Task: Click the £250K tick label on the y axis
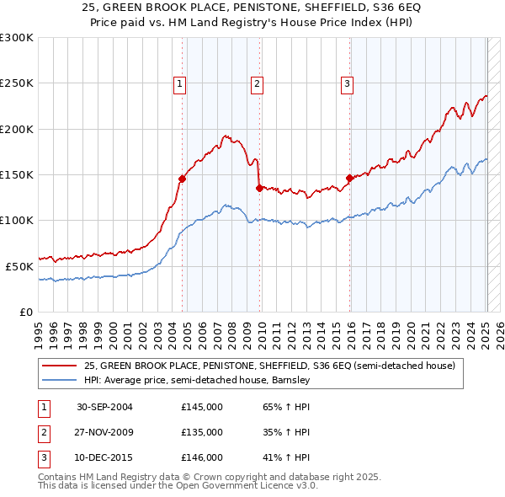pos(16,83)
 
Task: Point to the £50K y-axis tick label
pos(19,266)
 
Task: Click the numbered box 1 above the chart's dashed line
pos(180,83)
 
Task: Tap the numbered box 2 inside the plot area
pos(256,83)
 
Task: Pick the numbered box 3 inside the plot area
pos(347,83)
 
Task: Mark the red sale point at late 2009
pos(259,188)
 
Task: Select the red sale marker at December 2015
pos(349,178)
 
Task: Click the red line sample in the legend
pos(58,366)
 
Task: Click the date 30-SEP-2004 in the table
pos(104,407)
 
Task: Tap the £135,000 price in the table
pos(202,432)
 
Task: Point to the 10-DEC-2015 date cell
pos(104,457)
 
